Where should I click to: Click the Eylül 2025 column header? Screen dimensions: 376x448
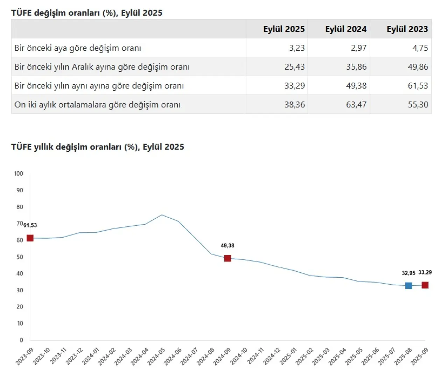coord(284,29)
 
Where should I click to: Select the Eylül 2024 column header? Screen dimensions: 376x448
coord(345,29)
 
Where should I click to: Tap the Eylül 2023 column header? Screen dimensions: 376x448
coord(407,29)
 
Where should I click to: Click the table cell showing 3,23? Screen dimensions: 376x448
coord(297,48)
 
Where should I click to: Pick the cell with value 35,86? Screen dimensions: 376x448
coord(356,67)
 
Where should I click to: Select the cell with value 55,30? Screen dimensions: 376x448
coord(418,105)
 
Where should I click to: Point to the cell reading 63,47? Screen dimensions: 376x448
coord(356,105)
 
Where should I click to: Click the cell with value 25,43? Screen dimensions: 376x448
coord(295,67)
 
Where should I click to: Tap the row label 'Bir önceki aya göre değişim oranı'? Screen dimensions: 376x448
coord(78,48)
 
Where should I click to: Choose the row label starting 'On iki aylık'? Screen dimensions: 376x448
coord(97,105)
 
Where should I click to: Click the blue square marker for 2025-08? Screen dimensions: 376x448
coord(408,285)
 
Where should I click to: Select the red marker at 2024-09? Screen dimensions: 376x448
coord(227,258)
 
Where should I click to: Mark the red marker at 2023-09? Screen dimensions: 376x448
coord(30,238)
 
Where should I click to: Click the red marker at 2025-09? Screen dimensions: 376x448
coord(425,285)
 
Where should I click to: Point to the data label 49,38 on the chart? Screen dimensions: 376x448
coord(227,246)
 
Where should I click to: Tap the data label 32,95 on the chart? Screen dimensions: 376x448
coord(408,273)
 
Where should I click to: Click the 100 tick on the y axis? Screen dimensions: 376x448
coord(19,173)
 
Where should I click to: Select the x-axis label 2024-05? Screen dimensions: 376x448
coord(156,356)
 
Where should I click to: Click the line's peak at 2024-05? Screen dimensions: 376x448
coord(162,215)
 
